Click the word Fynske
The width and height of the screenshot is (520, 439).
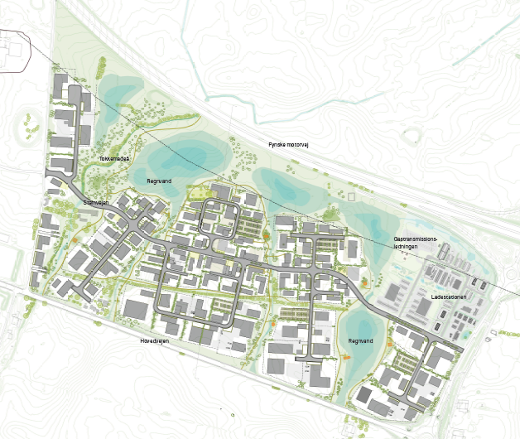point(277,144)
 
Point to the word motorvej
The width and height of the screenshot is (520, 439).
point(297,144)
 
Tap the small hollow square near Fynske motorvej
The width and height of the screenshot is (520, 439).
point(351,197)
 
